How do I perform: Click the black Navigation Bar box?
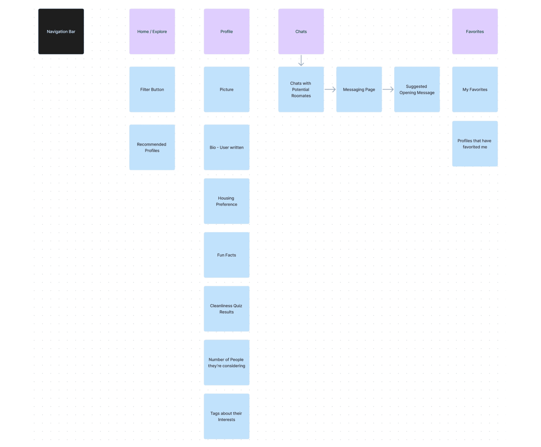61,32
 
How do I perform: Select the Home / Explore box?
152,32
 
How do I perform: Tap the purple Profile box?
227,32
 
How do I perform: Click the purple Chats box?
301,32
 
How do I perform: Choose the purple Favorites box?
475,32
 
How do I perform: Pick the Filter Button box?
152,89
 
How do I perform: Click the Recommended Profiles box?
152,147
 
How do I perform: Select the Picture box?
227,89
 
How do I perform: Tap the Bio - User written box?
227,147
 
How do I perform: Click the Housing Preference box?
227,201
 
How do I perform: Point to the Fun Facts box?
227,255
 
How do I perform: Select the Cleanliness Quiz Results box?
227,309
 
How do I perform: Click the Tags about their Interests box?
227,416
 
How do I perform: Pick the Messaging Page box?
359,89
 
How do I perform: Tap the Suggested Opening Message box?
417,89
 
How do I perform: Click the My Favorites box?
475,89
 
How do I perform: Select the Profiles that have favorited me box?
475,144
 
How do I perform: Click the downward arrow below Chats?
301,60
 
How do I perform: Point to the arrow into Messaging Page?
330,89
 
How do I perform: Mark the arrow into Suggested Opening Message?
388,89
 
